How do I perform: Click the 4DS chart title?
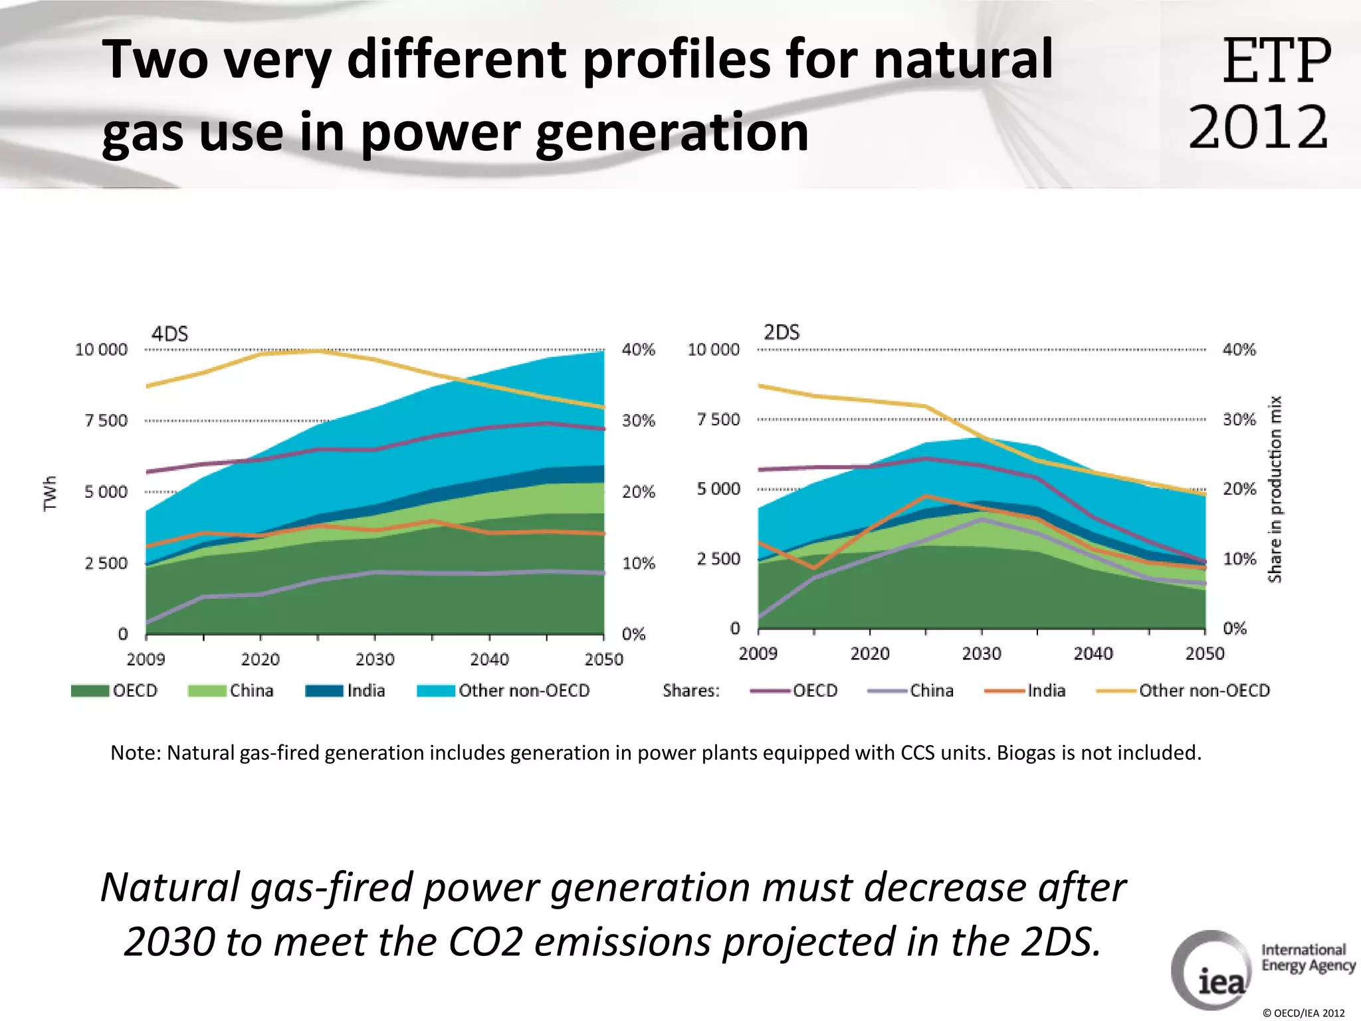coord(169,334)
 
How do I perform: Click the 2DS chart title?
coord(782,332)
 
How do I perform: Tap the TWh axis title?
coord(50,493)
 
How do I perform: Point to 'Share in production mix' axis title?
coord(1275,489)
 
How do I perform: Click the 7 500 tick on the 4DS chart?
coord(106,421)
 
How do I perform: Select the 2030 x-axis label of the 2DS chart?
coord(982,654)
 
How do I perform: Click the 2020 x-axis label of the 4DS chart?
coord(260,659)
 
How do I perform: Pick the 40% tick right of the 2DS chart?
coord(1239,350)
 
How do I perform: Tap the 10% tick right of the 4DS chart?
coord(639,564)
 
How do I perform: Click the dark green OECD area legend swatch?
coord(90,691)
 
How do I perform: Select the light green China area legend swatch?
coord(207,691)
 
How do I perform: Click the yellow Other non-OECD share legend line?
coord(1116,691)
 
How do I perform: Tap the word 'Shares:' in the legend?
coord(691,691)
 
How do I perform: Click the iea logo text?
coord(1221,981)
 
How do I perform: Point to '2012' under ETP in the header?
coord(1258,128)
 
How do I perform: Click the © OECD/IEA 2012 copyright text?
coord(1303,1013)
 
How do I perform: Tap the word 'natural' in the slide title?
coord(963,58)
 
